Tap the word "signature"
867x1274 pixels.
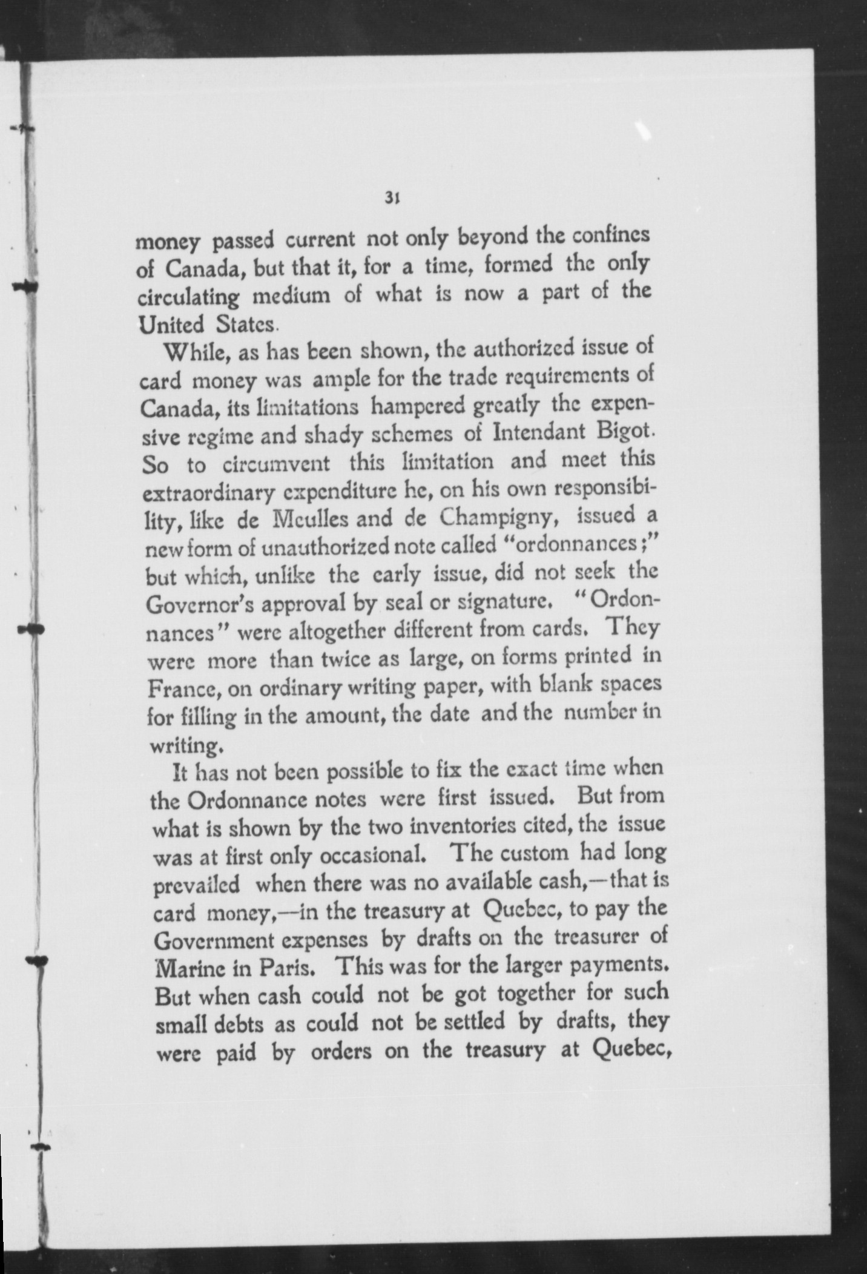click(x=501, y=602)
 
